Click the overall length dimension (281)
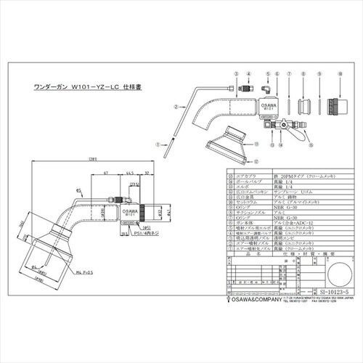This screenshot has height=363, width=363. (93, 159)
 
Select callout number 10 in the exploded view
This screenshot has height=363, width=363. (333, 94)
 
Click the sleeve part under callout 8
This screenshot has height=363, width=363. (299, 112)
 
